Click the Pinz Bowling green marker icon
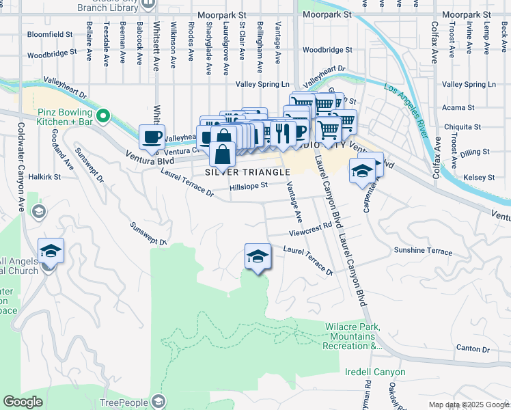tap(103, 116)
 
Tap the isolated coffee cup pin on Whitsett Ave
tap(152, 136)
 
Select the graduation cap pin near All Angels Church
tap(51, 251)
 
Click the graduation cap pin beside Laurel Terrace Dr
tap(258, 256)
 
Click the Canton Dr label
tap(473, 348)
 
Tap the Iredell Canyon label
tap(375, 372)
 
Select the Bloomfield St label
tap(50, 34)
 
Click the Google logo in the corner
tap(23, 402)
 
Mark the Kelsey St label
tap(479, 178)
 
